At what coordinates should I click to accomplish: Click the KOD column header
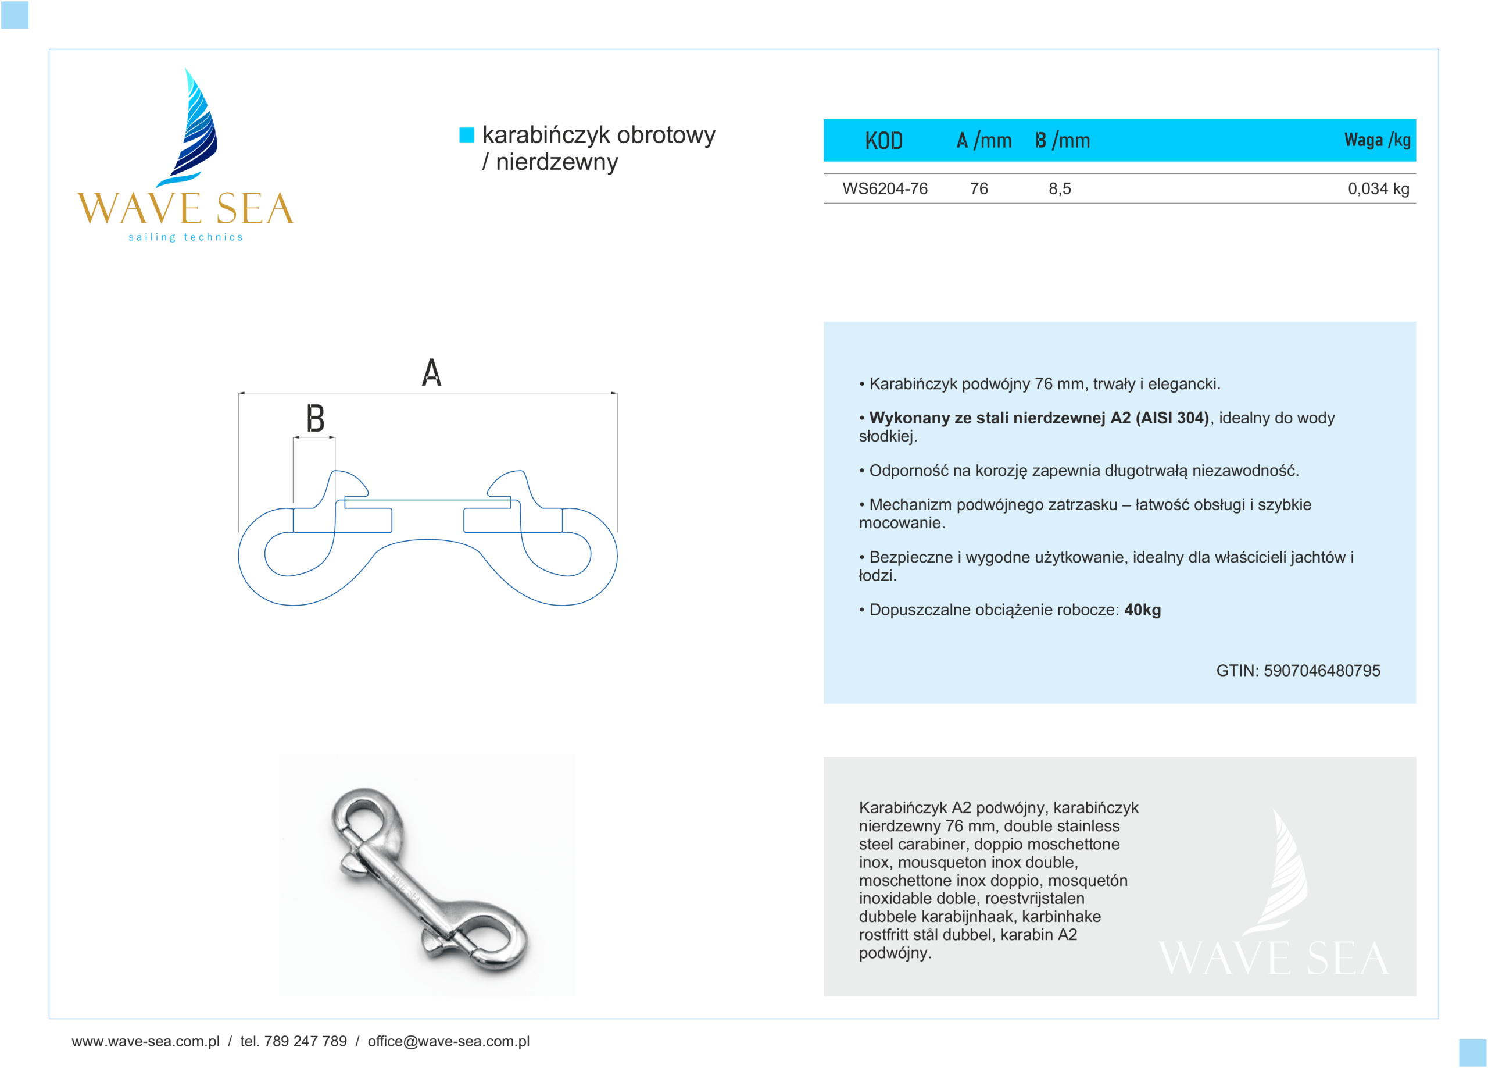[883, 140]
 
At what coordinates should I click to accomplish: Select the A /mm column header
[983, 140]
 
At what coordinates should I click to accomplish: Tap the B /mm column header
[1062, 140]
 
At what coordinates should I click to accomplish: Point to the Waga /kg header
[1376, 140]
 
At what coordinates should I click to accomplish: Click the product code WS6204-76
[885, 189]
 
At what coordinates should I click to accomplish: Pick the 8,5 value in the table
[1060, 189]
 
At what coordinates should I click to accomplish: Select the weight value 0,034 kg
[1378, 189]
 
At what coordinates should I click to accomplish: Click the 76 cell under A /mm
[979, 189]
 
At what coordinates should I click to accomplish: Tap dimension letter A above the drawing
[431, 372]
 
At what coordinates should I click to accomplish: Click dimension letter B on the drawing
[316, 418]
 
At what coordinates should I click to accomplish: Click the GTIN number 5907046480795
[1321, 670]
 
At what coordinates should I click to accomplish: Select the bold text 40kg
[1142, 610]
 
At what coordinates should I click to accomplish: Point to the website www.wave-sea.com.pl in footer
[146, 1041]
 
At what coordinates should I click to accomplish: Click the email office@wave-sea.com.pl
[448, 1041]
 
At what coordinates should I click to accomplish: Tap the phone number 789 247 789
[305, 1041]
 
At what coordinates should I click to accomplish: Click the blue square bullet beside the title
[467, 134]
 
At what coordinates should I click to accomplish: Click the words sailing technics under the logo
[185, 237]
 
